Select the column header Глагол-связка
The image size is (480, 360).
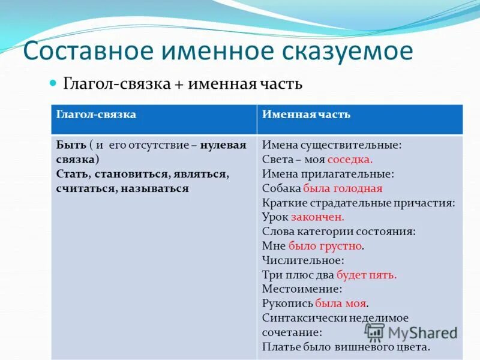click(96, 114)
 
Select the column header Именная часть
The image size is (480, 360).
click(306, 114)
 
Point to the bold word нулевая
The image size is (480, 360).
click(223, 145)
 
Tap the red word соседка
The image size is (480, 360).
click(350, 160)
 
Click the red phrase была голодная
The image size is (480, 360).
click(343, 188)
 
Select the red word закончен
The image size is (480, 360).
click(317, 217)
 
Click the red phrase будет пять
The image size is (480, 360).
click(366, 275)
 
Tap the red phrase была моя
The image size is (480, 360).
click(341, 304)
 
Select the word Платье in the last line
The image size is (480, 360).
click(280, 347)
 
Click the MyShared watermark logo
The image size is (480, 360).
click(411, 332)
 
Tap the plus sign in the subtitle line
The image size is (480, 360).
click(179, 83)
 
